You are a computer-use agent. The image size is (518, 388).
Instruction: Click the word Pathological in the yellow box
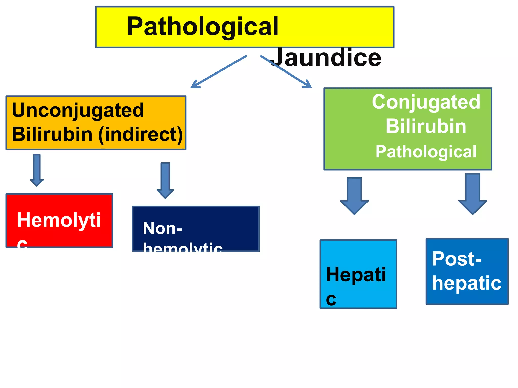[x=202, y=26]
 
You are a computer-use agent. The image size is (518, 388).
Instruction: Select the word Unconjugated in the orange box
[x=78, y=110]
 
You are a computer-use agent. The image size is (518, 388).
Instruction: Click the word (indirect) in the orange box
[x=141, y=134]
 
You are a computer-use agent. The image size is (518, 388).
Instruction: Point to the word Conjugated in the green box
[x=426, y=102]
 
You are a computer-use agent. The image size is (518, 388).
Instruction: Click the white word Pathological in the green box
[x=426, y=152]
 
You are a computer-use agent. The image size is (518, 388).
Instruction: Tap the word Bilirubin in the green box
[x=426, y=126]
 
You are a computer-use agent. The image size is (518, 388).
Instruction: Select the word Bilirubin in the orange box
[x=52, y=134]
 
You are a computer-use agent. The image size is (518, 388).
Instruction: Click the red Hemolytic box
[x=59, y=220]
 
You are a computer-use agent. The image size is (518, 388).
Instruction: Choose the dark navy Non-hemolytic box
[x=196, y=229]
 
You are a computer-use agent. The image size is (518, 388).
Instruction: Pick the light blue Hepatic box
[x=358, y=274]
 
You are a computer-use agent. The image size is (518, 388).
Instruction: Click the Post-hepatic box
[x=467, y=271]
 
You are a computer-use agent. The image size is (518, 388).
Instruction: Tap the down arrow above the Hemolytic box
[x=37, y=170]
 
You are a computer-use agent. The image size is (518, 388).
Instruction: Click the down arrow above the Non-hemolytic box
[x=165, y=180]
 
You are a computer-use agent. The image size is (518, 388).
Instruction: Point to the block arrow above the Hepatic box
[x=354, y=196]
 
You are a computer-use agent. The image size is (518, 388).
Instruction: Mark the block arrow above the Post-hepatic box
[x=472, y=194]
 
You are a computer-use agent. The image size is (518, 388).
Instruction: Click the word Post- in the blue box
[x=456, y=259]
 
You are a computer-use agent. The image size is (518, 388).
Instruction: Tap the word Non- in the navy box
[x=162, y=228]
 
